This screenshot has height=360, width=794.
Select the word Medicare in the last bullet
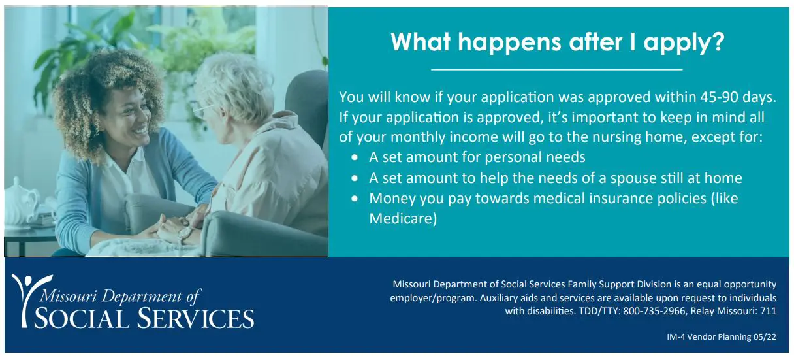403,218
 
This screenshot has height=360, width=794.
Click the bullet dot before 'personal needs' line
355,158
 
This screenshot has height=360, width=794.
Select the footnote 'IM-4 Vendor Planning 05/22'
722,337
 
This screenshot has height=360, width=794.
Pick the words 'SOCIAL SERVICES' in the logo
144,319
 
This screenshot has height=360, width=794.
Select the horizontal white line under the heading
557,69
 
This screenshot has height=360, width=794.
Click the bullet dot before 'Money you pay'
355,198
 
